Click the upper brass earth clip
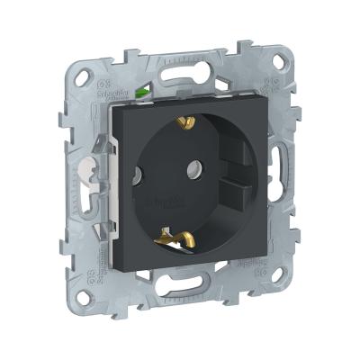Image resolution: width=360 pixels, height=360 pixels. click(x=187, y=121)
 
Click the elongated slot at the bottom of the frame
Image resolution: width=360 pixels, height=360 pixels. click(x=191, y=298)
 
